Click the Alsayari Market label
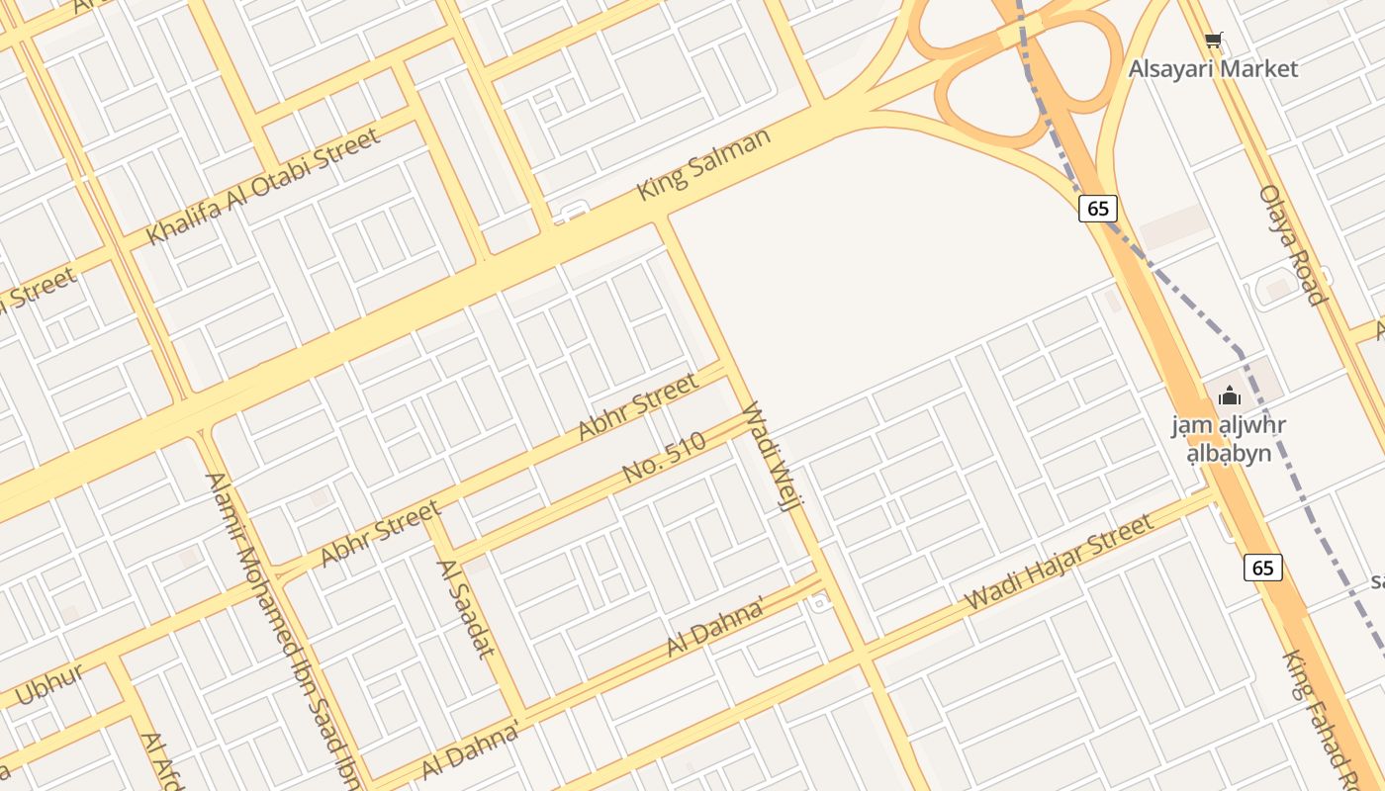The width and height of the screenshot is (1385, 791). [1213, 69]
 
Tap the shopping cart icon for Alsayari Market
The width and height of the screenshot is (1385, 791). [1214, 41]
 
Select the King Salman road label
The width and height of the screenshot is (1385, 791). [703, 164]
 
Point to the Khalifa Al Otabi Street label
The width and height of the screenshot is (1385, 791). [263, 187]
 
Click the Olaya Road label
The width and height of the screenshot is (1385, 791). [1291, 244]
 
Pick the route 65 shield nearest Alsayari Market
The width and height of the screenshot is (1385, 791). [1098, 209]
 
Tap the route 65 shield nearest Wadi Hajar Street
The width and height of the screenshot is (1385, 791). [1262, 568]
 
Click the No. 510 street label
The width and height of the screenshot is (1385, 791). [665, 457]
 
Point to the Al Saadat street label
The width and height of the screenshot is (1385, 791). [465, 607]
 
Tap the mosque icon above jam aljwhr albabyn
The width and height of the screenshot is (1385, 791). [1230, 396]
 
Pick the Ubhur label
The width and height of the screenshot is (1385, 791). [48, 683]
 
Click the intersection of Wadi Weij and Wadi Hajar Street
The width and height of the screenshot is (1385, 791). [863, 651]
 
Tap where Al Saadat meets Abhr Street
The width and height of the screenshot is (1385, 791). [430, 515]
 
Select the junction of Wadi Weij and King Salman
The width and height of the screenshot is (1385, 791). [663, 219]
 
